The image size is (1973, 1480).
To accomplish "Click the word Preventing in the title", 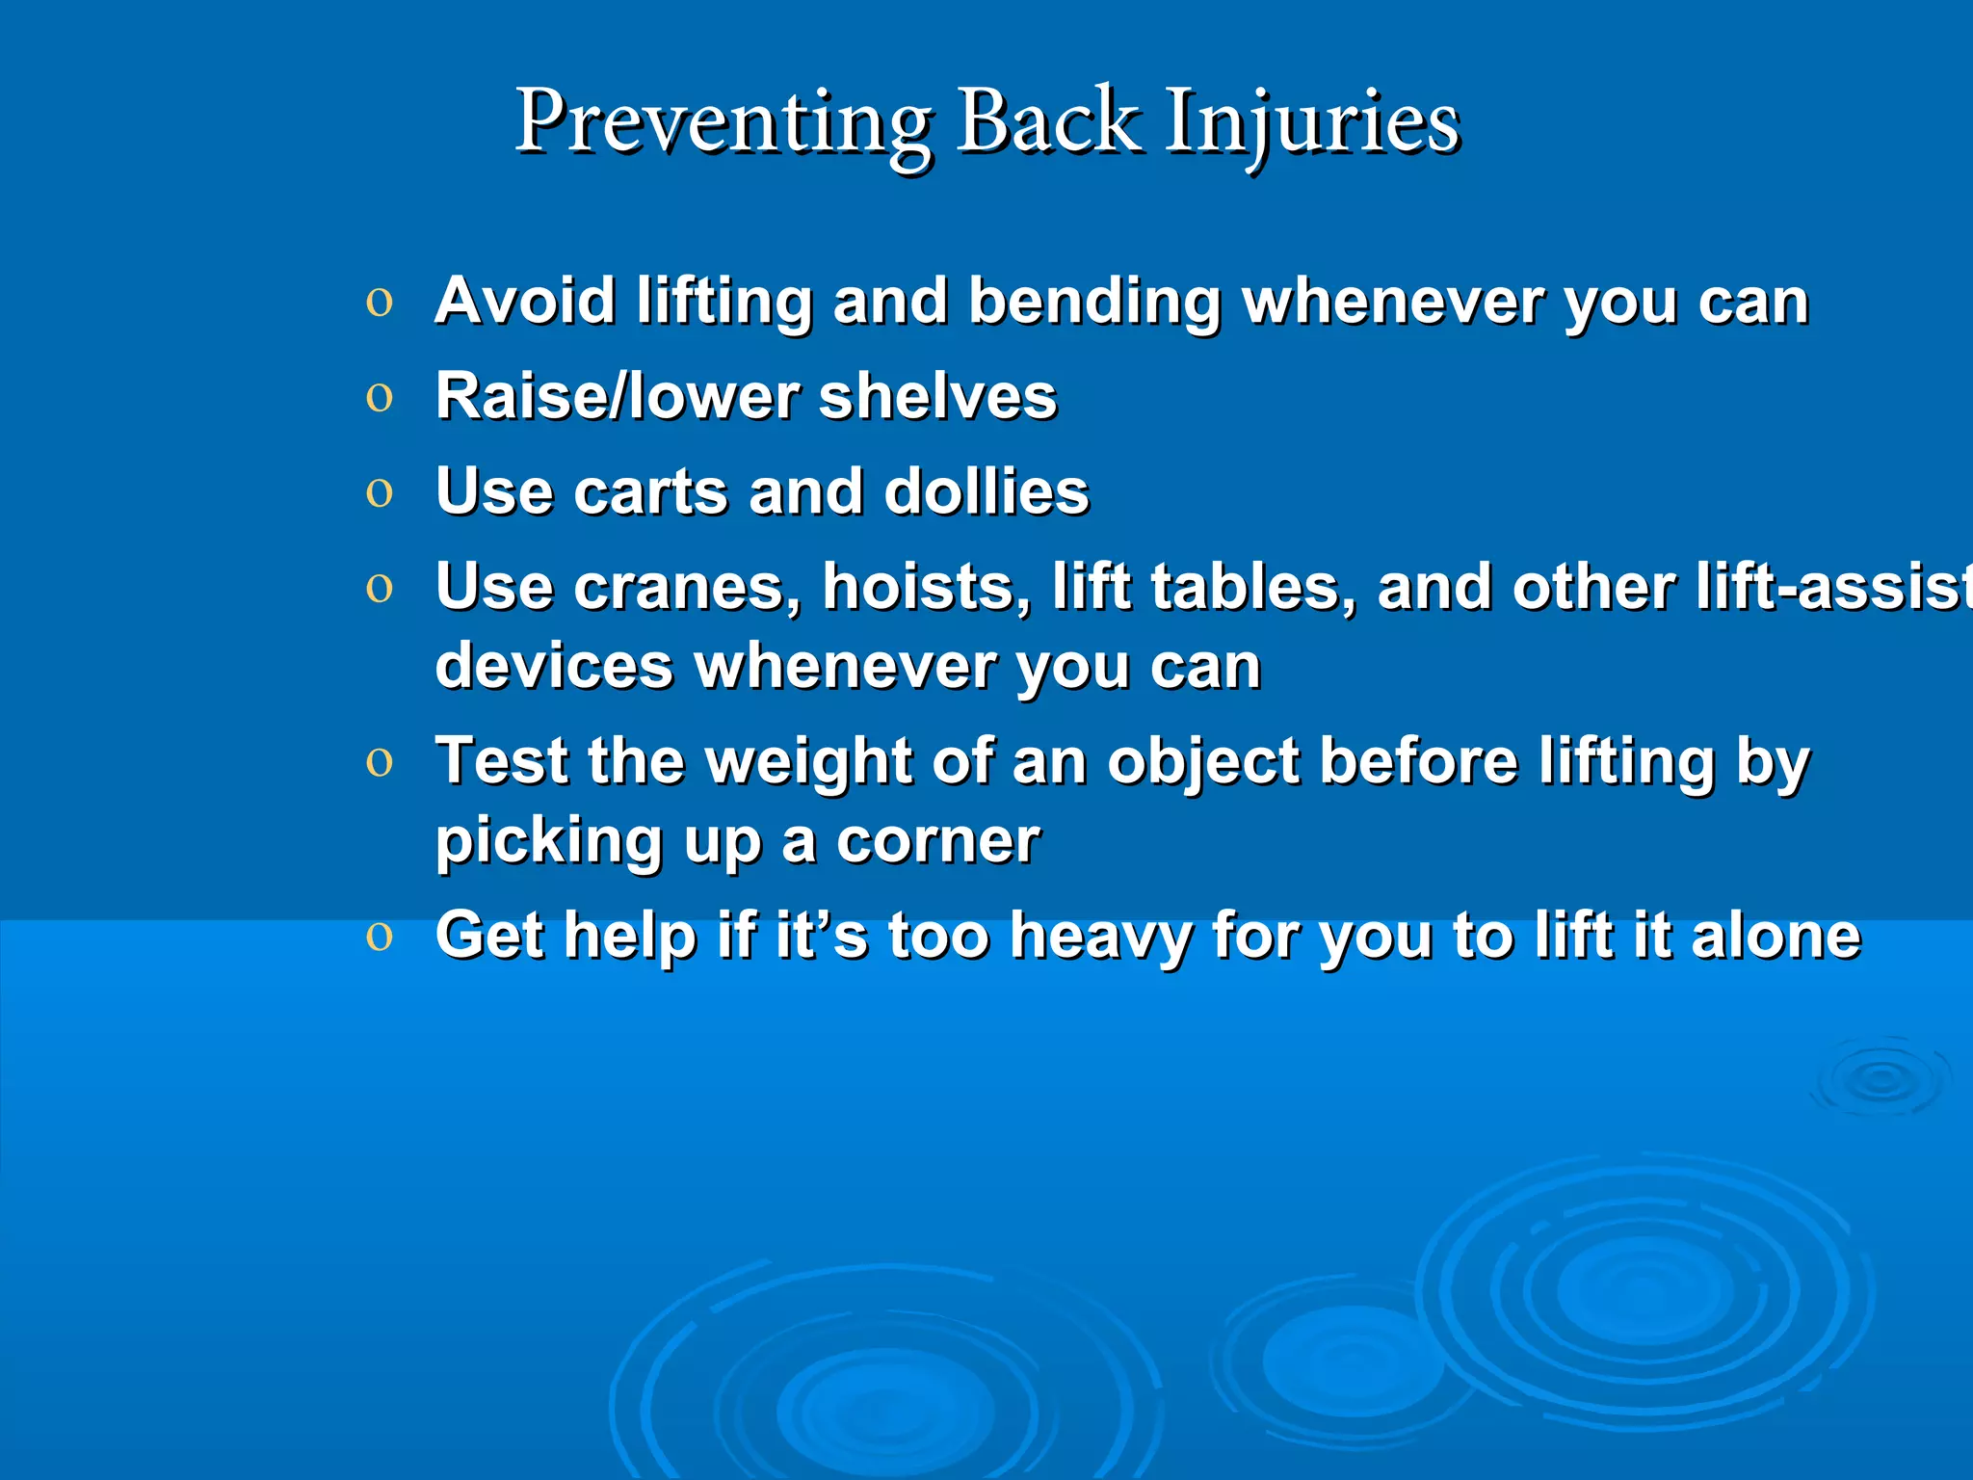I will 723,123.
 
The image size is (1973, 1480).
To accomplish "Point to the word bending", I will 1094,303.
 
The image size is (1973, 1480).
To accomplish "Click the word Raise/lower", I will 617,396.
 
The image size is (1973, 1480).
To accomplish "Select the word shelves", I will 937,396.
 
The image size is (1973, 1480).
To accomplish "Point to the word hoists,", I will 926,587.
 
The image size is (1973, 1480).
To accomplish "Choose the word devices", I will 554,666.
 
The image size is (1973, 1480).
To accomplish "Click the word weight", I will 808,762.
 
